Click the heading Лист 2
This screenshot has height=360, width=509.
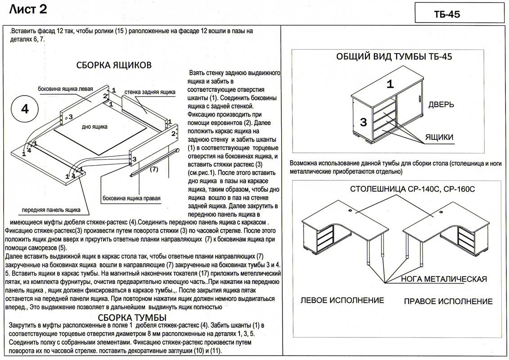pos(28,9)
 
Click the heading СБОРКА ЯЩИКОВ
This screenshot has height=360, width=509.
pos(114,65)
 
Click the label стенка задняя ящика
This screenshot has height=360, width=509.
pos(150,92)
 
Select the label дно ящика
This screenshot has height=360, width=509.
pos(95,127)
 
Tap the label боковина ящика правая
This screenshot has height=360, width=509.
pos(131,198)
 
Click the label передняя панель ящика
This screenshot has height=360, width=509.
pos(51,210)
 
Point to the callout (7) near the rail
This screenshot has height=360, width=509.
pos(153,170)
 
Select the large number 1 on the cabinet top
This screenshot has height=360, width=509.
pos(390,84)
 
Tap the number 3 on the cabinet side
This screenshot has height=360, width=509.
pos(364,121)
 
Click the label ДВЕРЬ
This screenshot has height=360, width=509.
pos(441,104)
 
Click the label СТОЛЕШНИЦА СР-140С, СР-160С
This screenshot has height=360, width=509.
pos(412,189)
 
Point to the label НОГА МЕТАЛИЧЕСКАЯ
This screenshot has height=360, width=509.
pos(444,279)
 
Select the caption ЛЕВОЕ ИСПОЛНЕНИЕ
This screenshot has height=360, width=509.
pos(342,300)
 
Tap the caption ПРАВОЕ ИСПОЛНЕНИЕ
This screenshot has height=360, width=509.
pos(448,301)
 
